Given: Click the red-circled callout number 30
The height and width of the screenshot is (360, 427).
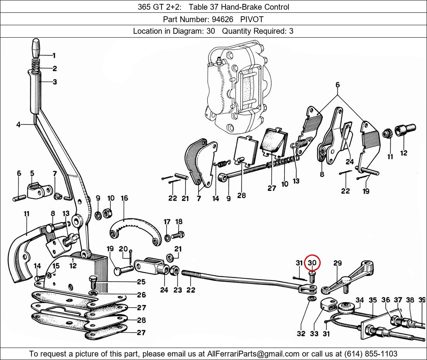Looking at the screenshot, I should tap(312, 263).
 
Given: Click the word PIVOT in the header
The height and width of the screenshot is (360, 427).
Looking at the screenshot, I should tap(252, 19).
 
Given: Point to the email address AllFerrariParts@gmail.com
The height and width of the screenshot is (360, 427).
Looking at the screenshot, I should tap(253, 354).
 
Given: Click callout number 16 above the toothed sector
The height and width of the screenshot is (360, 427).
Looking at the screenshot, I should tap(124, 198).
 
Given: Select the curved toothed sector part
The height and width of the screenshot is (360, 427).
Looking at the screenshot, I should tap(134, 231).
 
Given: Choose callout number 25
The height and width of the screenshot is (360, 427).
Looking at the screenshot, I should tap(141, 282).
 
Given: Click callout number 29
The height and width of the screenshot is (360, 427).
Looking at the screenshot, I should tap(337, 263).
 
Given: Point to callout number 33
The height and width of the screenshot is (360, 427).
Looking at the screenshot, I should tap(314, 334).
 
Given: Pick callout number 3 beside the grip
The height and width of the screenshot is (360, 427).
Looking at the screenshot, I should tap(55, 82).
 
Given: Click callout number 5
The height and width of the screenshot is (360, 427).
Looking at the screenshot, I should tap(32, 173).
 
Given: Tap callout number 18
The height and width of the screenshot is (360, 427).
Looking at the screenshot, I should tap(179, 222).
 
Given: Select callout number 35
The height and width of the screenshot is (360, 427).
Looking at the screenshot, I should tap(373, 300).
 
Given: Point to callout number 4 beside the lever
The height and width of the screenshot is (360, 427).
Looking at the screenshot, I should tap(18, 125).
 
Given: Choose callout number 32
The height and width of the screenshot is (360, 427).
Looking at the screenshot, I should tap(301, 334).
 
